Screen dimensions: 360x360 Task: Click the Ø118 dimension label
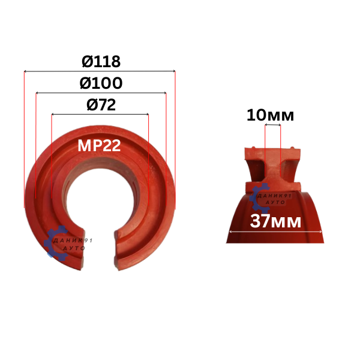(x=101, y=62)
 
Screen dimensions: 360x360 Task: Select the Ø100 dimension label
(x=101, y=83)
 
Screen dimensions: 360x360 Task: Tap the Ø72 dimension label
(x=101, y=104)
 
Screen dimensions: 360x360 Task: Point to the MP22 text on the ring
(x=99, y=146)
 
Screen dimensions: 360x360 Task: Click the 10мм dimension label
(x=270, y=115)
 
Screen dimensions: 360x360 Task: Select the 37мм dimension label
(x=275, y=221)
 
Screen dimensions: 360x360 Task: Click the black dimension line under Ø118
(x=100, y=71)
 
